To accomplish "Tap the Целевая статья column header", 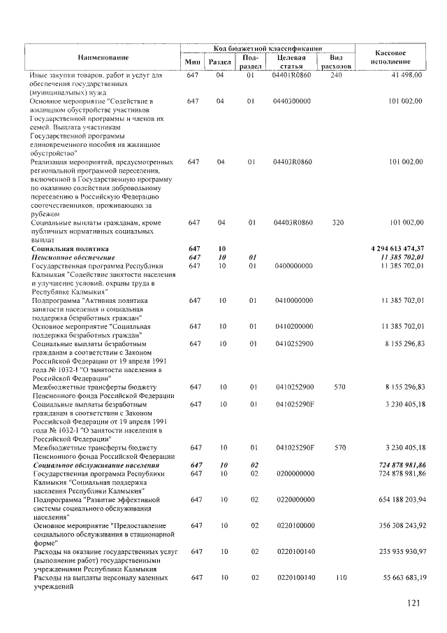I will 293,62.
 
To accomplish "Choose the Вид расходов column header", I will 335,62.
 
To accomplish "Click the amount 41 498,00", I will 403,74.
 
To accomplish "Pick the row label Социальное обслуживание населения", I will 95,465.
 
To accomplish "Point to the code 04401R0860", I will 294,74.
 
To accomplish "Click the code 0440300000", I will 293,101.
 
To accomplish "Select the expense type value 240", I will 335,74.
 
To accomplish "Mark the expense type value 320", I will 335,222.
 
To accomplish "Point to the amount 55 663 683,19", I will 394,578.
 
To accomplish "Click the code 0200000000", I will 293,474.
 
